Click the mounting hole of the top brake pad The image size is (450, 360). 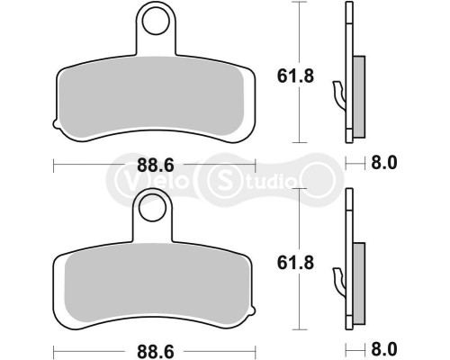[156, 21]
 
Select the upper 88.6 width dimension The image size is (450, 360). [155, 165]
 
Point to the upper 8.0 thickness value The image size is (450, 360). [385, 164]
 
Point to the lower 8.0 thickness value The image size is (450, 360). [385, 348]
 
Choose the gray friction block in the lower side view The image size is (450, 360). [357, 274]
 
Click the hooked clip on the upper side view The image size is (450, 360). [339, 91]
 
